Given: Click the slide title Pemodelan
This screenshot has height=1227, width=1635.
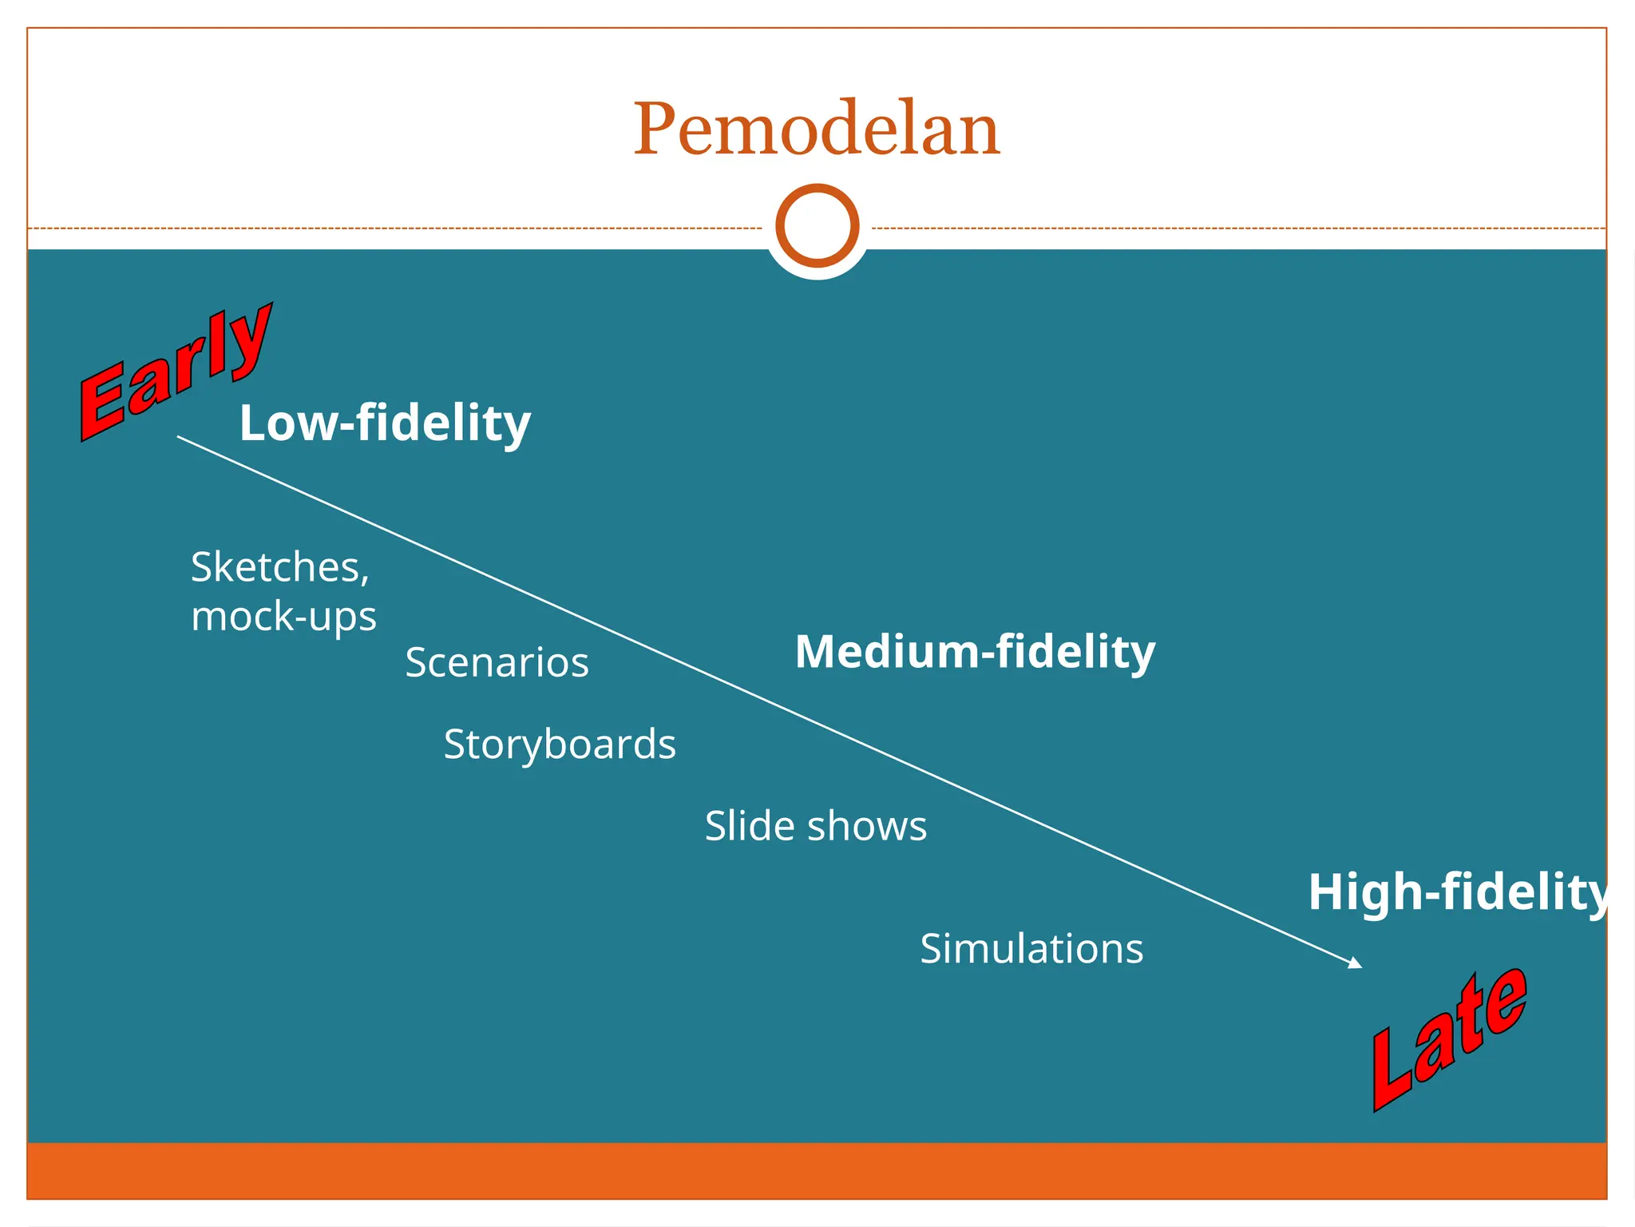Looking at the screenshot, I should click(817, 129).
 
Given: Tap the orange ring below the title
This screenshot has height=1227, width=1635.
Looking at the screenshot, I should click(817, 225).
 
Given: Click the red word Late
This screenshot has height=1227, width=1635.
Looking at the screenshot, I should click(1449, 1038).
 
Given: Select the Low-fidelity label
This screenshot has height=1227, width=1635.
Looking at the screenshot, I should click(385, 423).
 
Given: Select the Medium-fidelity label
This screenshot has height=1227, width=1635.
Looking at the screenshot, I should click(975, 652).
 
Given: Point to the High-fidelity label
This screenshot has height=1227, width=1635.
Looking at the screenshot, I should click(1458, 892).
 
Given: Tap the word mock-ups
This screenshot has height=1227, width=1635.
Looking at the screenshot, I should click(283, 617).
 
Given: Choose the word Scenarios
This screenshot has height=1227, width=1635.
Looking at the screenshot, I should click(497, 662).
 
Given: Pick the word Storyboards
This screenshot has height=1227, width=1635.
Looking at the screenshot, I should click(560, 745).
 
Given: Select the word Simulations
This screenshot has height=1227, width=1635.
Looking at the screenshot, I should click(1031, 949).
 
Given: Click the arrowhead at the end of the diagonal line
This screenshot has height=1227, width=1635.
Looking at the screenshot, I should click(1355, 963).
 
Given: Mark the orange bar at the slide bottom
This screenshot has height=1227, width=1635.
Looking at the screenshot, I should click(817, 1170).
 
